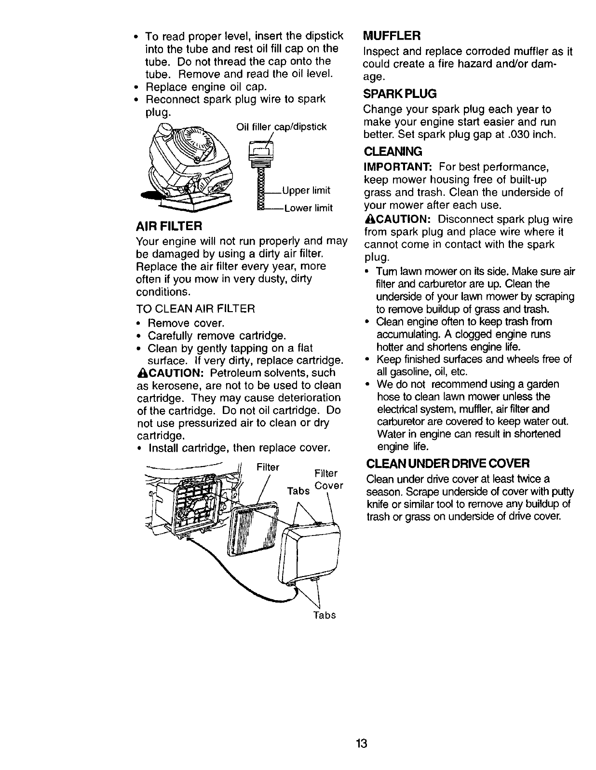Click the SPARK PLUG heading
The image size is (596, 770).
click(x=400, y=93)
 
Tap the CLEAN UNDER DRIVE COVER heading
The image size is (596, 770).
click(x=448, y=464)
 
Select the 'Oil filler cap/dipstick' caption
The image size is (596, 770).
click(x=282, y=127)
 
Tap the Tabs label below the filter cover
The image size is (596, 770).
click(x=325, y=615)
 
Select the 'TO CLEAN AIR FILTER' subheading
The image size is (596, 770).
click(x=195, y=309)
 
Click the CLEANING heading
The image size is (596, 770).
click(x=393, y=151)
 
